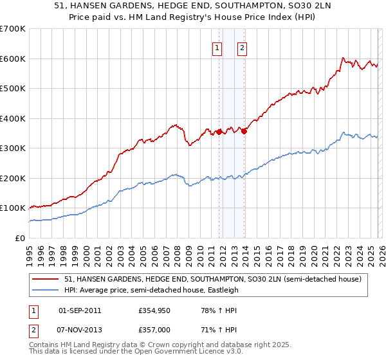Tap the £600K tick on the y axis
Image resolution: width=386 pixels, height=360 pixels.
[13, 59]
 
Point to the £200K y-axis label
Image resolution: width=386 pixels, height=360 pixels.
[13, 178]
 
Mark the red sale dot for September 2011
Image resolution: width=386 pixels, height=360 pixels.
[219, 132]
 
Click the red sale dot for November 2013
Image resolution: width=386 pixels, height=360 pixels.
[244, 131]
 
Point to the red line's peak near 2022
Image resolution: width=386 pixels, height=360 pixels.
[342, 58]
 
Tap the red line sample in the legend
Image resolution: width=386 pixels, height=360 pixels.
[46, 279]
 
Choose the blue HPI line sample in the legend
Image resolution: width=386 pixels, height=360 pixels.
[46, 290]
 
